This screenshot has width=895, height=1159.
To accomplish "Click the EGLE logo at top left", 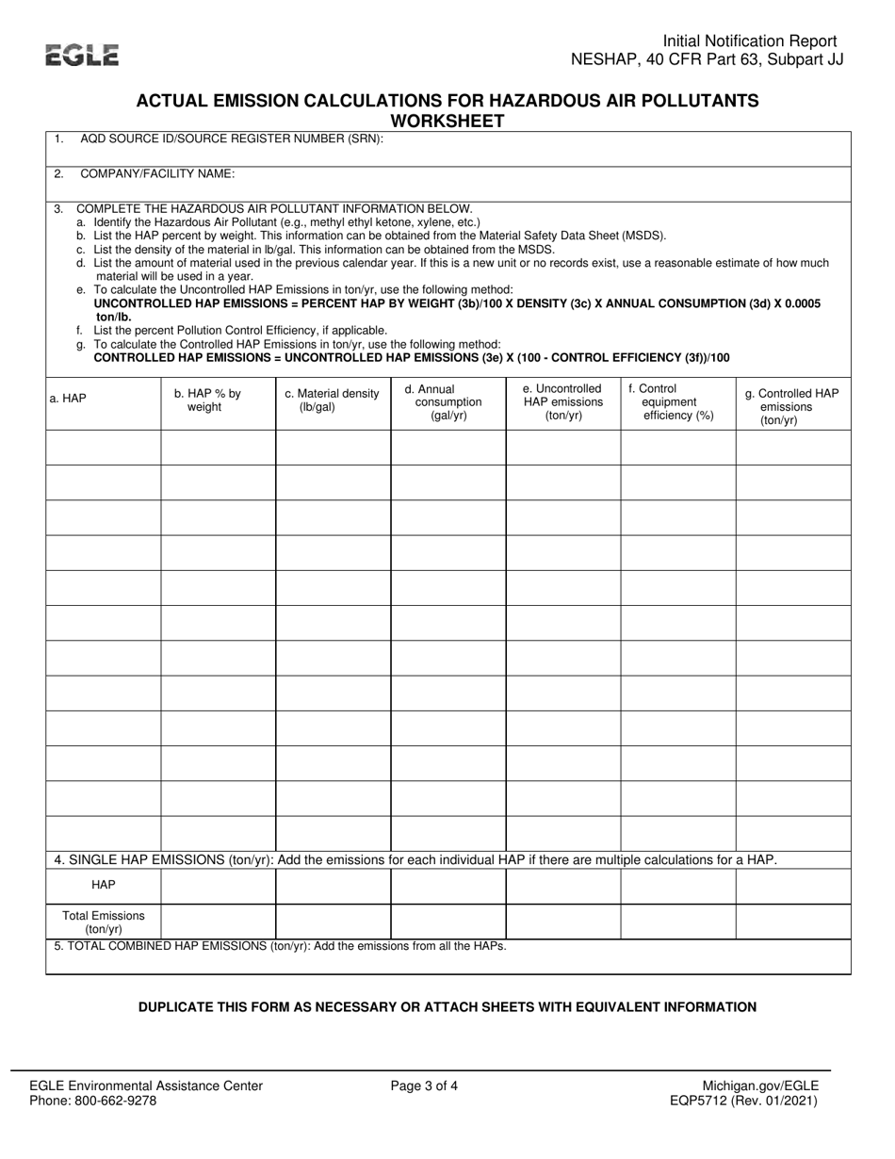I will [83, 56].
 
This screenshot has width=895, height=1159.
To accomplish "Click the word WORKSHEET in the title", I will [447, 121].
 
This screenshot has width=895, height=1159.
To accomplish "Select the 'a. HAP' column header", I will [68, 399].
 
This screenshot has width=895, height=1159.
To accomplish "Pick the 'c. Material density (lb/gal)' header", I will [332, 400].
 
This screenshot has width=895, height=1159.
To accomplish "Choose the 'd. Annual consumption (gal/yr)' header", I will [447, 401].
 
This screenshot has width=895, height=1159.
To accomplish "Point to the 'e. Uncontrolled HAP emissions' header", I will [562, 401].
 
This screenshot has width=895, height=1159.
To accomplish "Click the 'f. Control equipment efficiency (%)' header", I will [677, 401].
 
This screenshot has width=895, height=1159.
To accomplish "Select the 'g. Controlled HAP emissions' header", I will [791, 407].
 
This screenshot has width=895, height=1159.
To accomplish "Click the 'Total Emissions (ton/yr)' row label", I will [104, 922].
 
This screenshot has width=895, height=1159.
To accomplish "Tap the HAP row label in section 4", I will [104, 886].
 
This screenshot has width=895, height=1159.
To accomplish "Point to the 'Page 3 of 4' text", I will [425, 1086].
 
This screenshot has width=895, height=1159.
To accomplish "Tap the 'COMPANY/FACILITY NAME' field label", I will [157, 173].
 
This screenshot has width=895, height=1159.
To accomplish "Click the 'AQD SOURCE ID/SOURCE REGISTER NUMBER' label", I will [232, 139].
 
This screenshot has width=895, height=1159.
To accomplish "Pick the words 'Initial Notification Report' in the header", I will [750, 41].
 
